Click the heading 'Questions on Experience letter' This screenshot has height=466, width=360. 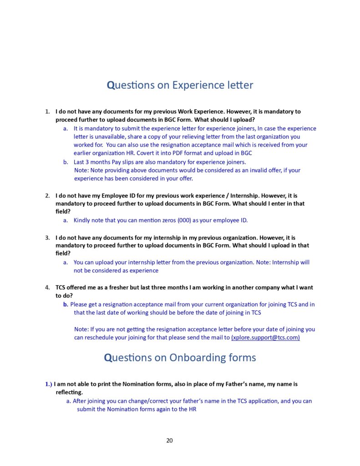tap(180, 85)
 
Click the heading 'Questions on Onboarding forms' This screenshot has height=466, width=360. tap(180, 358)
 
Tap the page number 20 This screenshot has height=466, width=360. tap(170, 440)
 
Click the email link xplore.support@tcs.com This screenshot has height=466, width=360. tap(265, 338)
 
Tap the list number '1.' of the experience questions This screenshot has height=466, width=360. tap(47, 111)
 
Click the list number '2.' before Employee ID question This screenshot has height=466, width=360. tap(47, 196)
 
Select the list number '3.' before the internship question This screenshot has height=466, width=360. tap(47, 238)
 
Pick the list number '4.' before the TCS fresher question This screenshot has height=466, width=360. tap(47, 288)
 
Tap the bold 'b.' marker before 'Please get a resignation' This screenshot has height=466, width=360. tap(66, 304)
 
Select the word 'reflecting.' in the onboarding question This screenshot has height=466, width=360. tap(69, 392)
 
